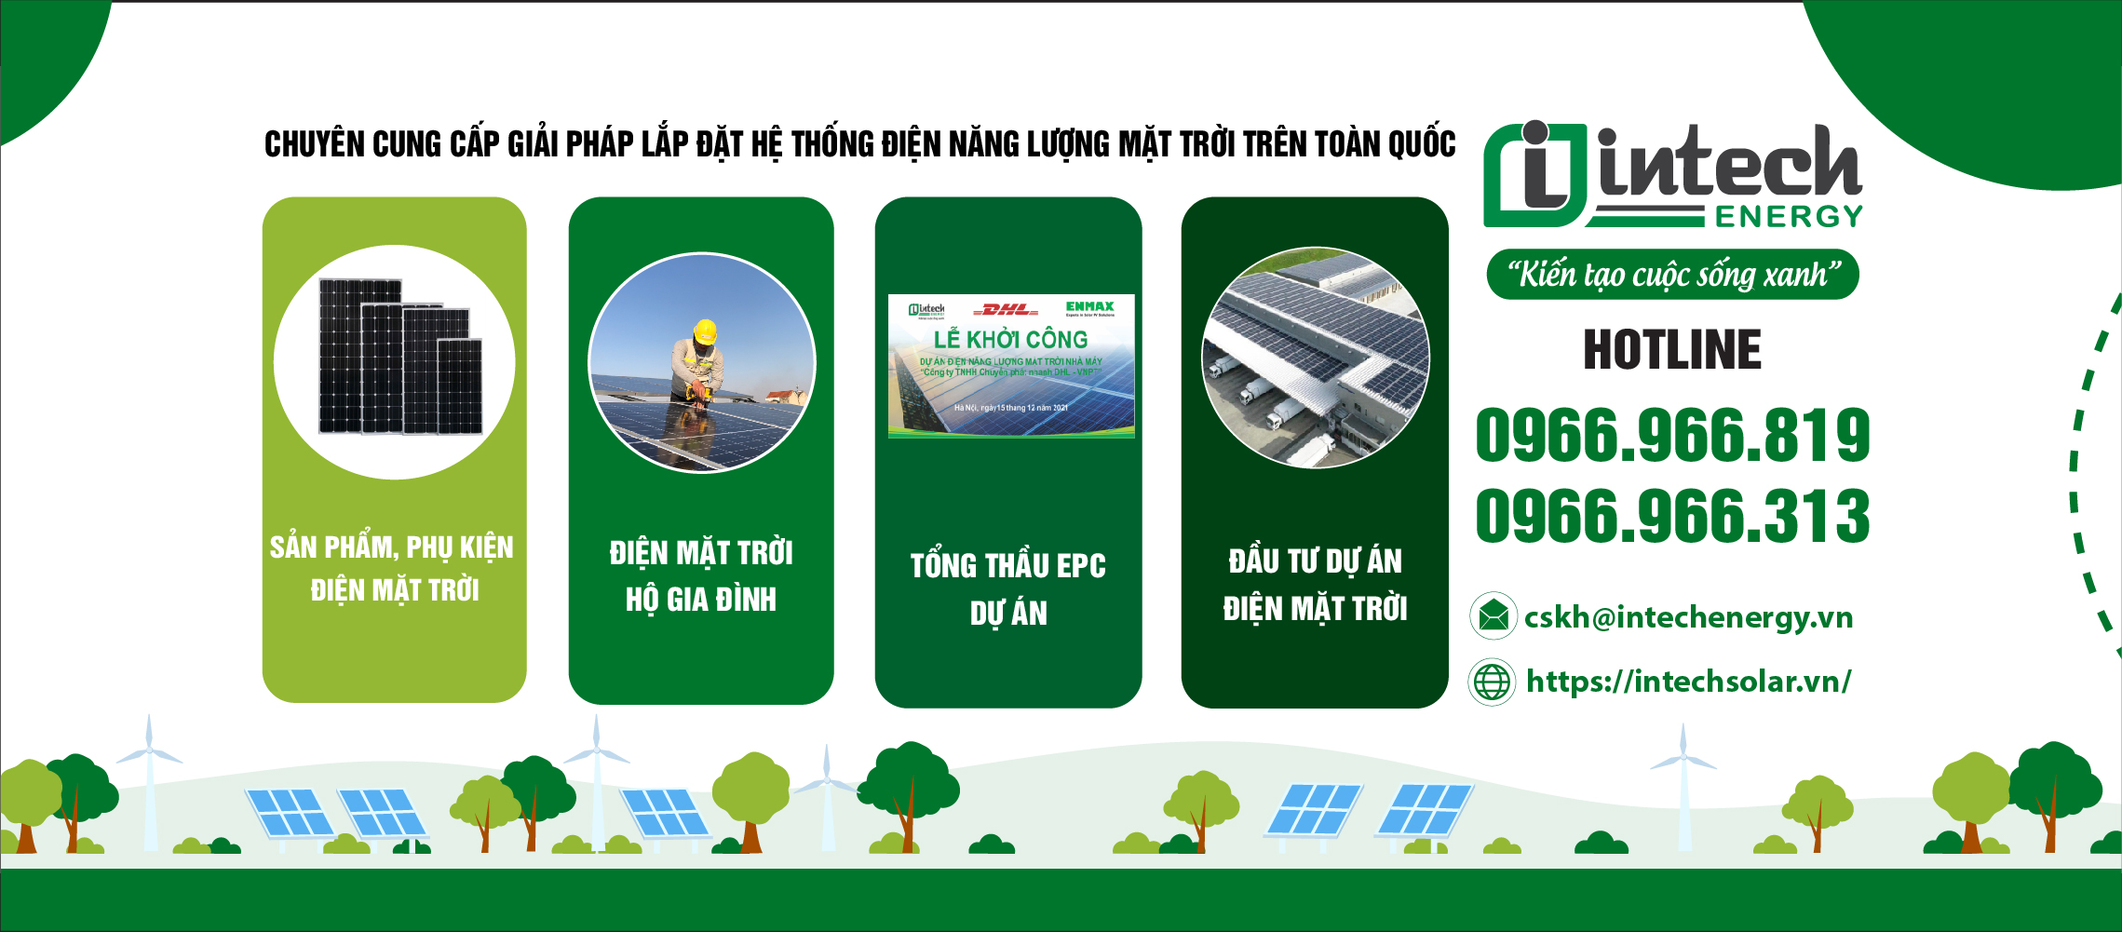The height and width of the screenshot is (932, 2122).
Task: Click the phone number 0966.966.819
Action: point(1672,436)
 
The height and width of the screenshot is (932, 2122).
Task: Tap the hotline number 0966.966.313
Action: point(1672,516)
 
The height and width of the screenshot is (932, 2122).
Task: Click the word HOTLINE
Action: point(1672,350)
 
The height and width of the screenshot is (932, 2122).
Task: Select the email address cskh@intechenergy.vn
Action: point(1688,617)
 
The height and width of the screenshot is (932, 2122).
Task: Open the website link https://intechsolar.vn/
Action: point(1688,682)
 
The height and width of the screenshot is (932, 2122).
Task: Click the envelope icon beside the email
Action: point(1494,615)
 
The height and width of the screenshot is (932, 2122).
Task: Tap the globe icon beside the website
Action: point(1492,682)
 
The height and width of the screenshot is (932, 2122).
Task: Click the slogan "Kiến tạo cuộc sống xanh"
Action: point(1673,275)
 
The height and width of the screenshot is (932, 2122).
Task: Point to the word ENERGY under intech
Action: point(1789,217)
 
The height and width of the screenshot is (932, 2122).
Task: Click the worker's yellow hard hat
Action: point(706,331)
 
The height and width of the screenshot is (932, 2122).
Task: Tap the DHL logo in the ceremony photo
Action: point(1006,309)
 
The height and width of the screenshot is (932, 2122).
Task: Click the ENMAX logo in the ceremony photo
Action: point(1089,306)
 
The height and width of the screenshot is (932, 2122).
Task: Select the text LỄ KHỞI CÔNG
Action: point(1010,339)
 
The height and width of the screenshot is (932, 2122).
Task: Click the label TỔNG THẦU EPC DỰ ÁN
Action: point(1008,589)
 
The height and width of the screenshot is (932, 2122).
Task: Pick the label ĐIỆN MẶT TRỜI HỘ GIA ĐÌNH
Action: point(701,575)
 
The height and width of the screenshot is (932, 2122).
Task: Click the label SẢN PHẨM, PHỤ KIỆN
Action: point(392,547)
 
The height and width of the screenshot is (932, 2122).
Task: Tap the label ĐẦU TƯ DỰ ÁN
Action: point(1315,561)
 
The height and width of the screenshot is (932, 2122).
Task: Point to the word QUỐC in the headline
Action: point(1422,144)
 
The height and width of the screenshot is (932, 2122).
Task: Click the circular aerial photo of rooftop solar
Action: point(1315,358)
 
